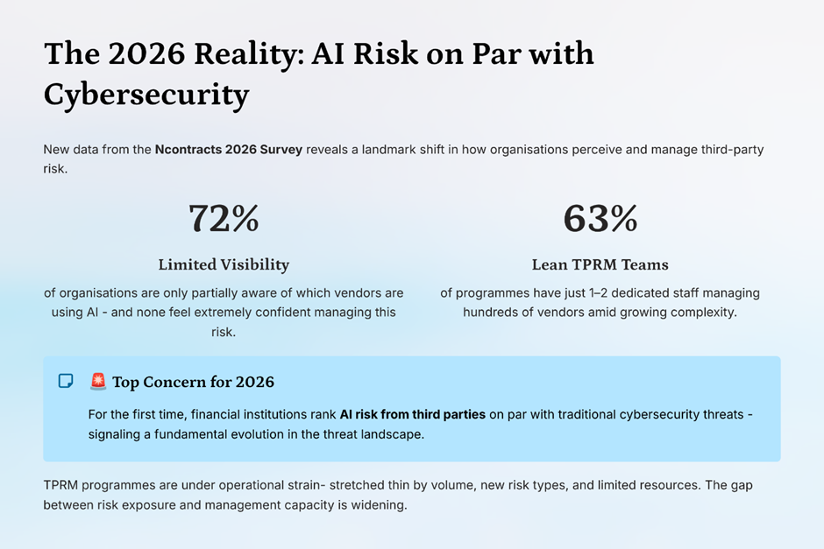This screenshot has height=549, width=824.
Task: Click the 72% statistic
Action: [x=224, y=219]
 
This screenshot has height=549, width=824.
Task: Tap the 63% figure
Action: [x=600, y=219]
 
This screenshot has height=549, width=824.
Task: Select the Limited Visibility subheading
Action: [x=224, y=264]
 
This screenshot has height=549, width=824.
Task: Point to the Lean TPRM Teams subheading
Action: [x=600, y=264]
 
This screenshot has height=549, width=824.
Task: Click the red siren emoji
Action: [x=98, y=382]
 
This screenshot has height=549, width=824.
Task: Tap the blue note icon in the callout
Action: [x=66, y=381]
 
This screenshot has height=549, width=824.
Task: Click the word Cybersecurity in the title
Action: [x=146, y=94]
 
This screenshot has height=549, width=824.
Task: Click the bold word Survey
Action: [x=281, y=150]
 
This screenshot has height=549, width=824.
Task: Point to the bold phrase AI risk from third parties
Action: [x=412, y=414]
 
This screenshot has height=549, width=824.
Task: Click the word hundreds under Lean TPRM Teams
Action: [x=492, y=312]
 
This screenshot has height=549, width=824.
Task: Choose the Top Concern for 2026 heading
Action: [x=193, y=382]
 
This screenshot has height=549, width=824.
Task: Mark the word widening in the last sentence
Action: [x=380, y=505]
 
